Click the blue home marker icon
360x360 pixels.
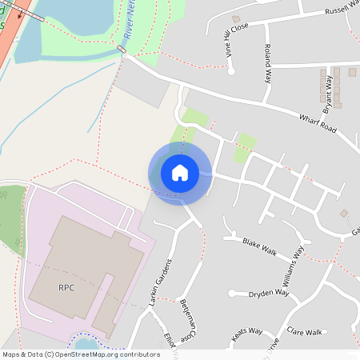(x=180, y=172)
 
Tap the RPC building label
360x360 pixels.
(x=66, y=287)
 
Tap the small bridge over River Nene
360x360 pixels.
(x=122, y=50)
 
